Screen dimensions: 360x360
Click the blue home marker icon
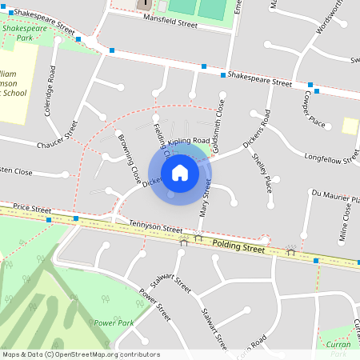pyautogui.click(x=180, y=172)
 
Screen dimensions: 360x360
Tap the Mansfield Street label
pyautogui.click(x=170, y=25)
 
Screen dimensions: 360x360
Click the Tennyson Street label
pyautogui.click(x=156, y=229)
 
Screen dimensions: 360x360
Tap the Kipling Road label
pyautogui.click(x=188, y=141)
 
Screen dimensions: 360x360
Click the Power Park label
pyautogui.click(x=112, y=322)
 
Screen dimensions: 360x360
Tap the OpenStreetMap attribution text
pyautogui.click(x=82, y=354)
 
